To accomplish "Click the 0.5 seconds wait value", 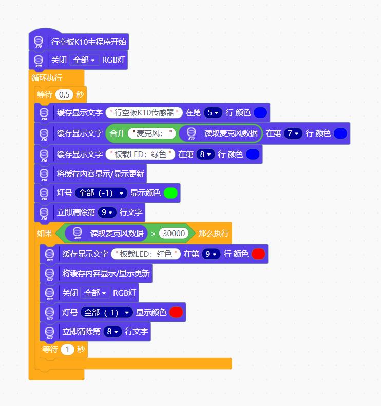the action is click(64, 95).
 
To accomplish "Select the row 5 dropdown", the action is click(213, 112).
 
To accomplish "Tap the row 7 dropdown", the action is click(293, 133).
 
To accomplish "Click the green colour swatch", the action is click(170, 193).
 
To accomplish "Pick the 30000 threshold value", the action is click(174, 234).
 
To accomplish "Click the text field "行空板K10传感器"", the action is click(144, 112).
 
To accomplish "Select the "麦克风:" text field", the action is click(152, 133).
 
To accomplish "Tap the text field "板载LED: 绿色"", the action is click(140, 154).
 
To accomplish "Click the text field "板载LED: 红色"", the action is click(146, 254).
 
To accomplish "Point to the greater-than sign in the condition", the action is click(153, 234).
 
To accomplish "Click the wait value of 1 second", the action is click(68, 350).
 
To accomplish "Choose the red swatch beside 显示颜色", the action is click(176, 312).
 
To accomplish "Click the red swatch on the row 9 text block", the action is click(258, 254).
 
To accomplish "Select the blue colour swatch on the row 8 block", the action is click(253, 154).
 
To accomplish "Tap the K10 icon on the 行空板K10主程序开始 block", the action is click(39, 42).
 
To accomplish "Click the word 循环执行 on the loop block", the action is click(47, 78).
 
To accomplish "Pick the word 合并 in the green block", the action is click(118, 133).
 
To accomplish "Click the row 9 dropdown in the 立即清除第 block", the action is click(107, 212).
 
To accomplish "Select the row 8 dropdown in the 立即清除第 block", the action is click(112, 332).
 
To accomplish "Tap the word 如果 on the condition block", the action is click(45, 234).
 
